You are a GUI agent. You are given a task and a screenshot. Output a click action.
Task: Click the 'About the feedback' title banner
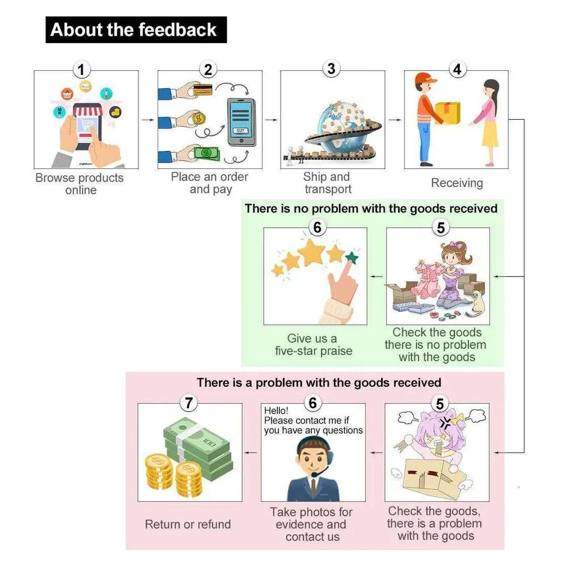[x=136, y=30]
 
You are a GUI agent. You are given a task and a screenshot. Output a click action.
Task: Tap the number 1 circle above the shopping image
[x=82, y=70]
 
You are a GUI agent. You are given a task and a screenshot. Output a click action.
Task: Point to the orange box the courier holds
[x=447, y=112]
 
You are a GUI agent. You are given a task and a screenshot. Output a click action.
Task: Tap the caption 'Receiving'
[x=456, y=183]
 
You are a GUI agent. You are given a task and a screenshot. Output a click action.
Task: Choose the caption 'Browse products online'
[x=79, y=184]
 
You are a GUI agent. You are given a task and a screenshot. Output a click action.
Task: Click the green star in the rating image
[x=352, y=258]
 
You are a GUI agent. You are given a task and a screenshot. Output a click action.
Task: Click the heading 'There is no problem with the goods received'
[x=371, y=209]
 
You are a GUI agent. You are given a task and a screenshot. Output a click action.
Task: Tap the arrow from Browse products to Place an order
[x=147, y=120]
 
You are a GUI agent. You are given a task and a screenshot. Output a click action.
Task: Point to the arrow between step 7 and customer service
[x=251, y=452]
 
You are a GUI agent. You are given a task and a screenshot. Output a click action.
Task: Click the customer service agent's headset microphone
[x=313, y=474]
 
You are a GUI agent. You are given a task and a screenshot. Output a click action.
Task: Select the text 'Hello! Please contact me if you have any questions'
[x=313, y=421]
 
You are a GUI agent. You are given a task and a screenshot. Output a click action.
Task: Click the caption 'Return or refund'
[x=188, y=524]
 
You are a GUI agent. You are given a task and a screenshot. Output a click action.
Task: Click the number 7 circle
[x=189, y=403]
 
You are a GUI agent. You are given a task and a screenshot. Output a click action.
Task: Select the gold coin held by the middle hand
[x=199, y=119]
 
